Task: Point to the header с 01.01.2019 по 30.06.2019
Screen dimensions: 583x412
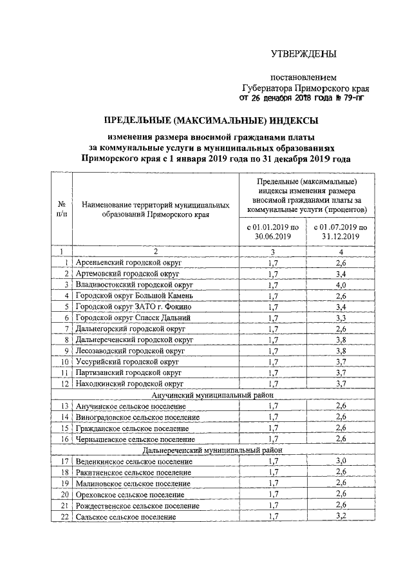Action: (x=273, y=232)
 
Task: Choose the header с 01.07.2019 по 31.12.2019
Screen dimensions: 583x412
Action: (x=341, y=232)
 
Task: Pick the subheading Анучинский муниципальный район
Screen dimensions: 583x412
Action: (x=212, y=396)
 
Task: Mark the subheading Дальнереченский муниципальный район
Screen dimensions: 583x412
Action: (x=212, y=450)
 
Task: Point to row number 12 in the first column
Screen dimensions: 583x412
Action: (x=64, y=385)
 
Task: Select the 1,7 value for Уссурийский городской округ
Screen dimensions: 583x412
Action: (x=273, y=362)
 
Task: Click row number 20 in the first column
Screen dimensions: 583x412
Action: (x=64, y=495)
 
